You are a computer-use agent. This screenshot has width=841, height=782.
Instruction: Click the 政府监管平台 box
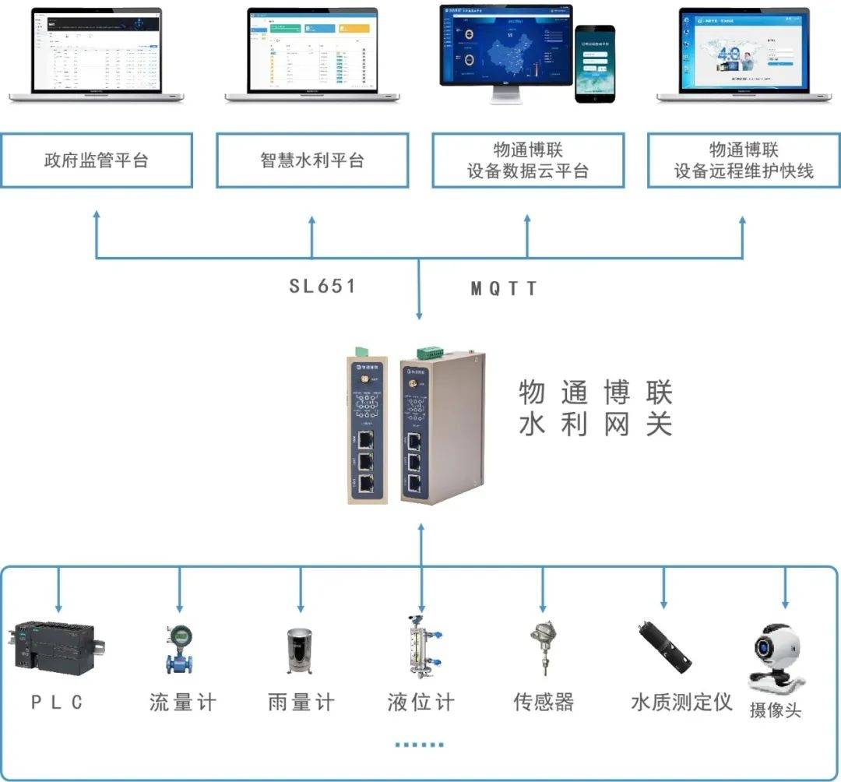(x=97, y=160)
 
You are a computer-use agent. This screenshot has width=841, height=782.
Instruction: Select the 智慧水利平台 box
(x=312, y=160)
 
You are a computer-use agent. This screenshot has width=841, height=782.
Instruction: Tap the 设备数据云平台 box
(x=528, y=160)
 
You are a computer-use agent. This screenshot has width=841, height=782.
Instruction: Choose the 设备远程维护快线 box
(x=744, y=160)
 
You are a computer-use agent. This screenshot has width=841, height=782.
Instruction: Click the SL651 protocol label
(x=322, y=286)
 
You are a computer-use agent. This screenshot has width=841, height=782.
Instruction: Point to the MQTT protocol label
(x=504, y=289)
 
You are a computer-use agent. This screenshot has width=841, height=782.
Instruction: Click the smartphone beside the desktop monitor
(x=594, y=63)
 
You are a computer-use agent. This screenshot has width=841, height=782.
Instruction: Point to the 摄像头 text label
(x=775, y=710)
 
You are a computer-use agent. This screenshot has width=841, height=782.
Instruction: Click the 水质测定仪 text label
(x=681, y=702)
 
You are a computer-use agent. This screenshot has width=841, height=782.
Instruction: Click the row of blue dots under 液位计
(x=419, y=745)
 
